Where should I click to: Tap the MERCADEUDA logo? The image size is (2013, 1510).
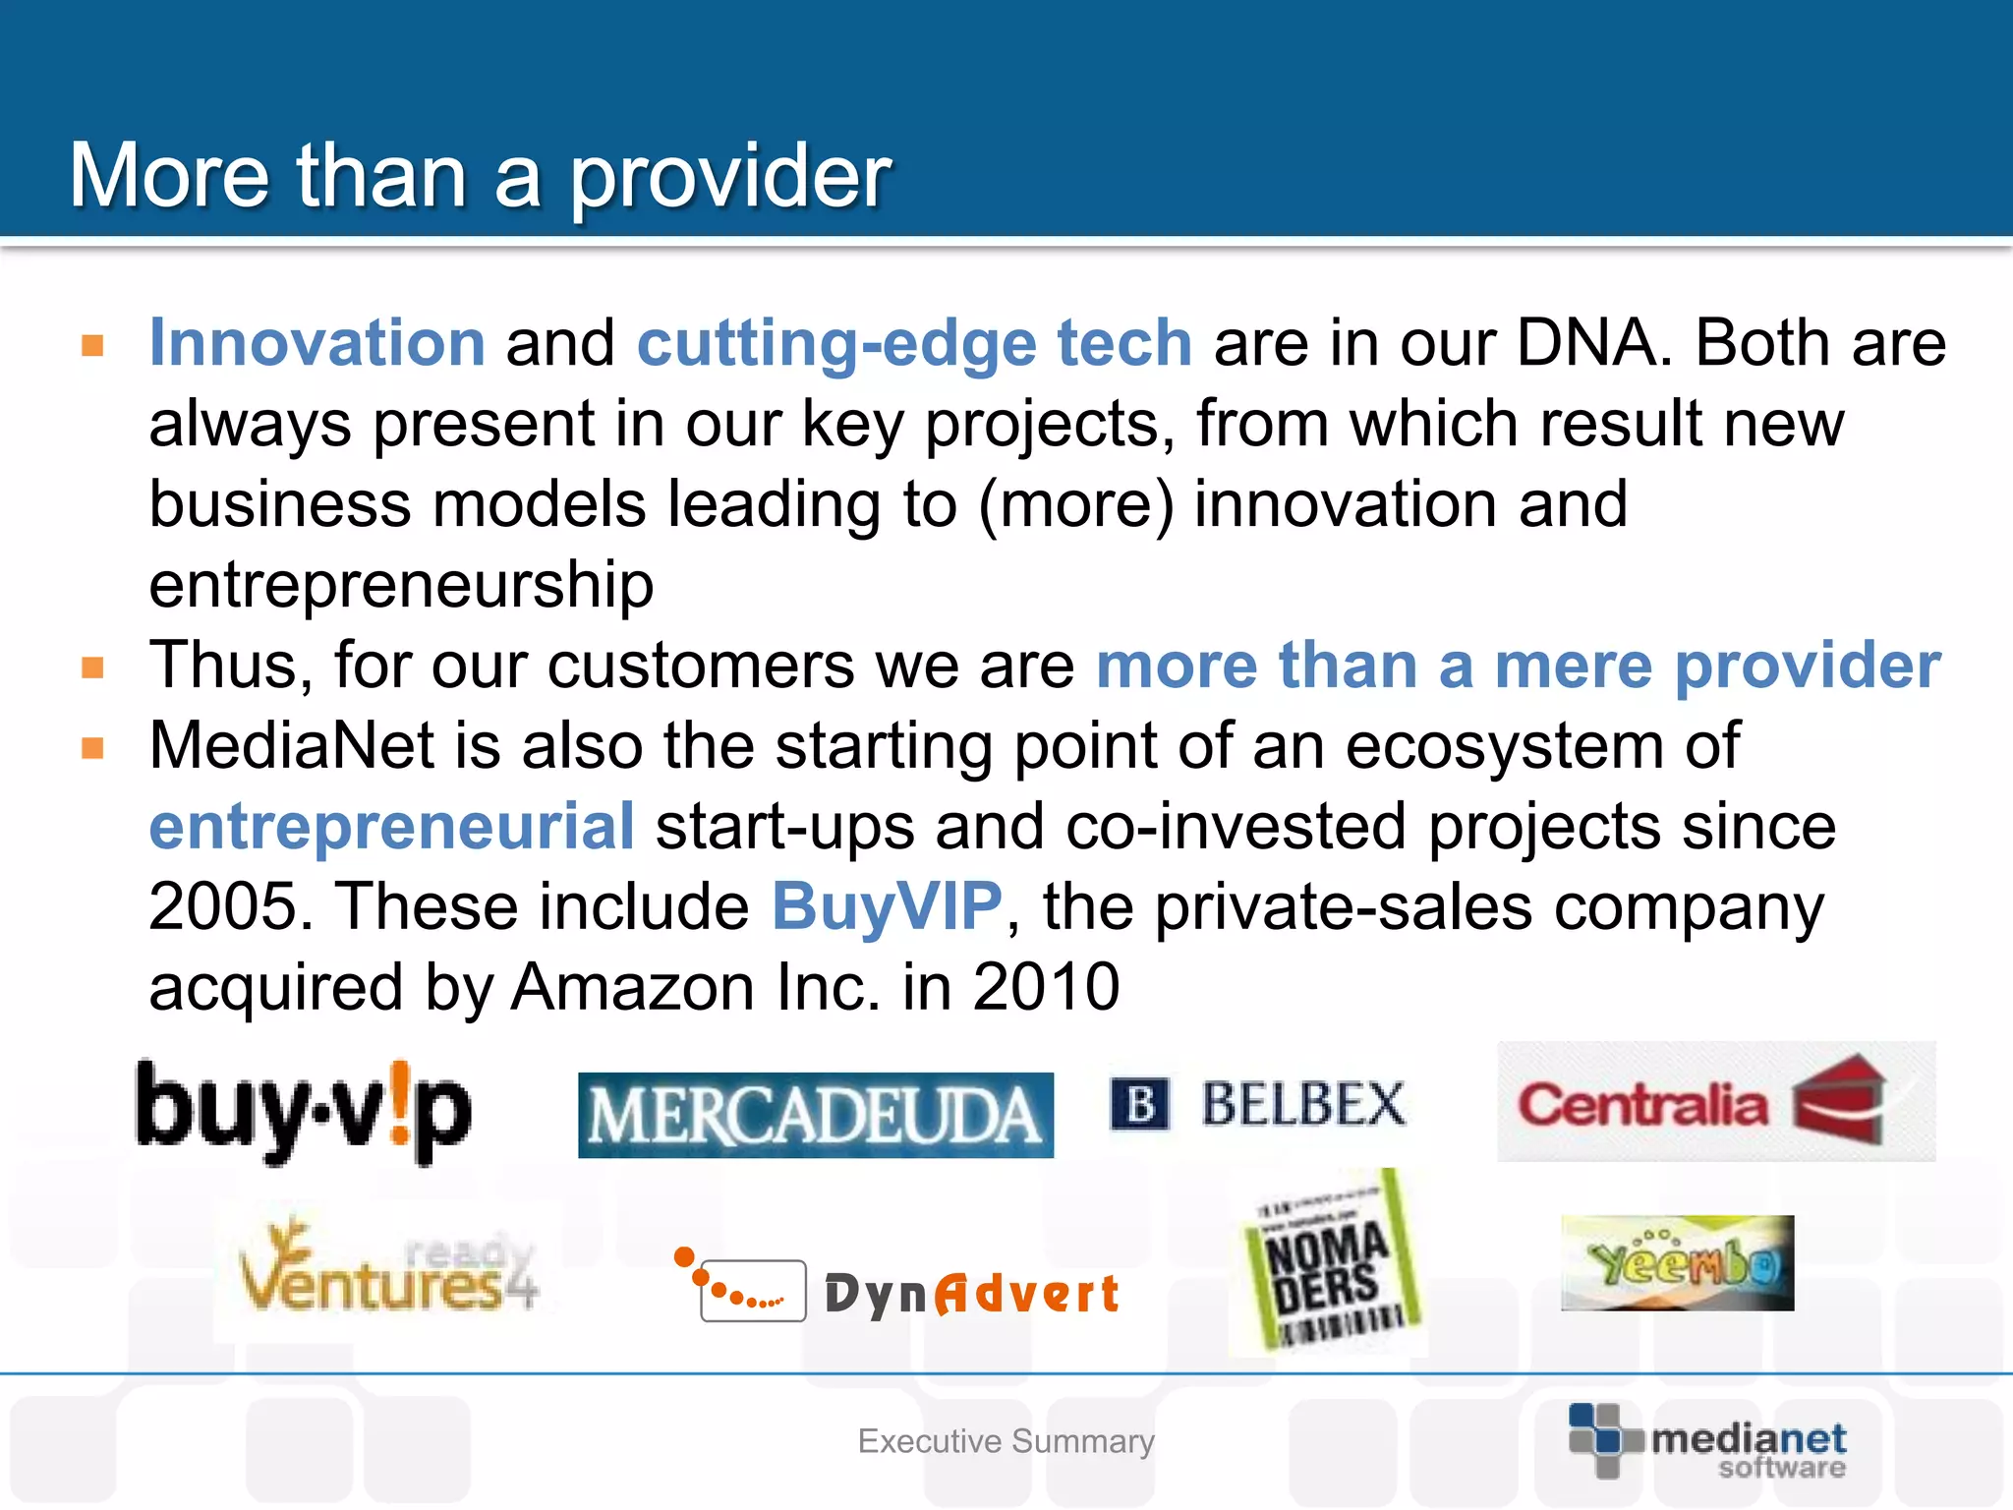(815, 1115)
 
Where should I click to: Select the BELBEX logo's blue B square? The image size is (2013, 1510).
(1139, 1104)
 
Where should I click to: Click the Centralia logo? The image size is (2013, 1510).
(1715, 1102)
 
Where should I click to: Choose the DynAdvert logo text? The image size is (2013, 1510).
(971, 1293)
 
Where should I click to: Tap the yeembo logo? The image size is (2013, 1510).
(1677, 1263)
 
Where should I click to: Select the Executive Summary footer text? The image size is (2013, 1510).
(1006, 1441)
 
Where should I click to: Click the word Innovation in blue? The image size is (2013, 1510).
(316, 343)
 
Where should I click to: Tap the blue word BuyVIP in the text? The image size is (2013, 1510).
(887, 905)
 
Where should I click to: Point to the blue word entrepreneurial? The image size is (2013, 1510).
(391, 826)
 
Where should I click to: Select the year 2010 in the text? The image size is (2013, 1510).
(1046, 986)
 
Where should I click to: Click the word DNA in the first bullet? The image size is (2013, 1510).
(1593, 343)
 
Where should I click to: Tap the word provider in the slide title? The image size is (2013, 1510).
(730, 177)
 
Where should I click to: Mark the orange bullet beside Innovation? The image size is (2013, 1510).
(93, 345)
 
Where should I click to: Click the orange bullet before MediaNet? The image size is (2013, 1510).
(93, 748)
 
